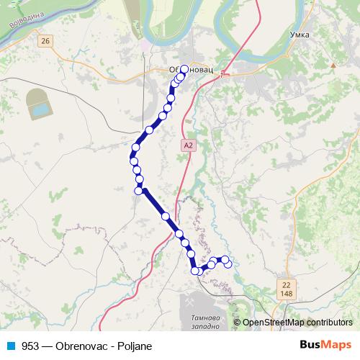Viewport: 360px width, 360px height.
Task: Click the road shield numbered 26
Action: point(45,41)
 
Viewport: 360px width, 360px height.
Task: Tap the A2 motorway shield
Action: point(188,145)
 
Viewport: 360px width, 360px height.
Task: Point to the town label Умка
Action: point(299,33)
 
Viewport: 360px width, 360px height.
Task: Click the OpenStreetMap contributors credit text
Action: point(297,323)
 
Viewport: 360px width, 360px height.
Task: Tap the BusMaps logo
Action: point(325,345)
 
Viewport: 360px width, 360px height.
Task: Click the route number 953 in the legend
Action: point(30,346)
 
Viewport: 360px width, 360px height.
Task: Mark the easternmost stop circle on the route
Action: point(229,264)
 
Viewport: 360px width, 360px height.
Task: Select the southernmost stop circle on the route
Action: point(195,271)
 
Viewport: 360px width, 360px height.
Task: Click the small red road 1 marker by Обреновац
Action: point(225,73)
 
